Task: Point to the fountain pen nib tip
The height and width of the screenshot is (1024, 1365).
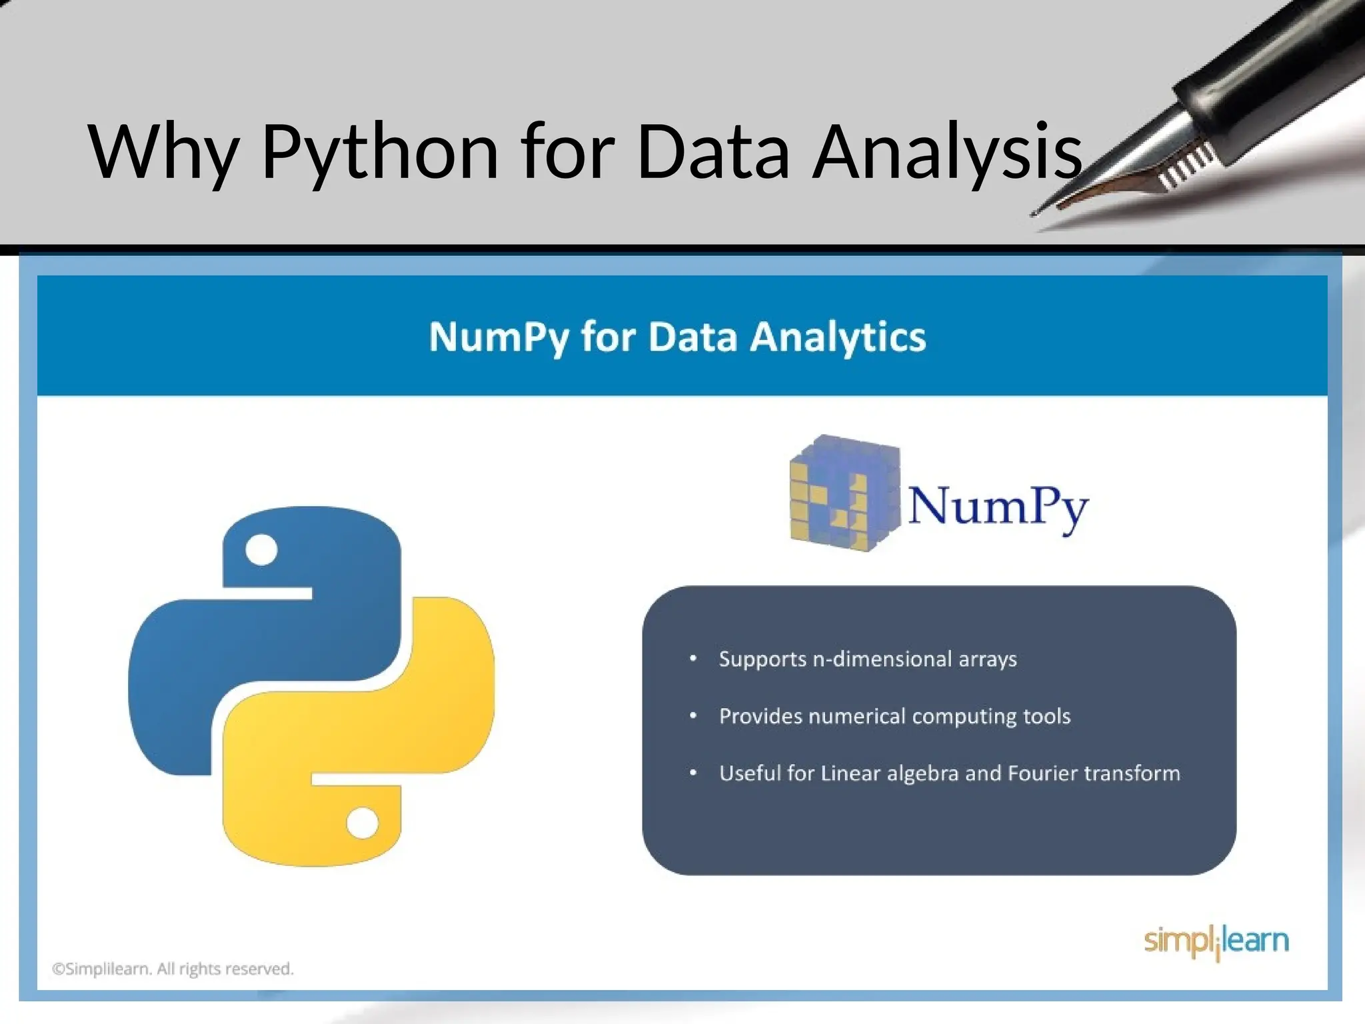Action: tap(1035, 213)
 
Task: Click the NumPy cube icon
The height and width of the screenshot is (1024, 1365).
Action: tap(844, 493)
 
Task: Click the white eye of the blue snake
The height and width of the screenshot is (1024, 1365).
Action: tap(261, 550)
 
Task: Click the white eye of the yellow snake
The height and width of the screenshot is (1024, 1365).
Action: tap(363, 823)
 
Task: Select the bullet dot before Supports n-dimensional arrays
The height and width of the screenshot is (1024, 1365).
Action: tap(693, 659)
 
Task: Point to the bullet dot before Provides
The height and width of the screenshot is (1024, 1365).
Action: tap(693, 716)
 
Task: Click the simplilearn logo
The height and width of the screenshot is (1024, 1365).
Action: tap(1216, 941)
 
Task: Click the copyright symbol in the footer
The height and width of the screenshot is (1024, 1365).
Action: tap(58, 969)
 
